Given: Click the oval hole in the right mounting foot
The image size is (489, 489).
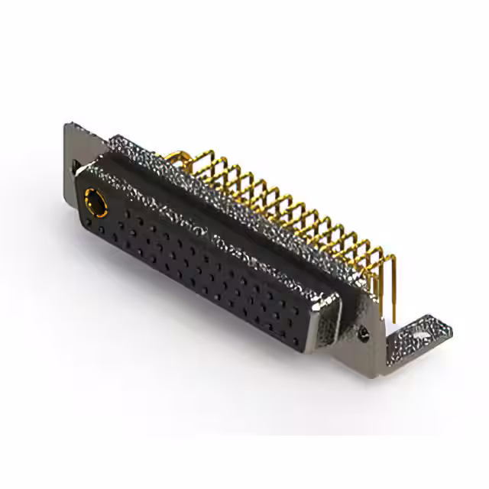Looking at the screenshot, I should (x=419, y=333).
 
